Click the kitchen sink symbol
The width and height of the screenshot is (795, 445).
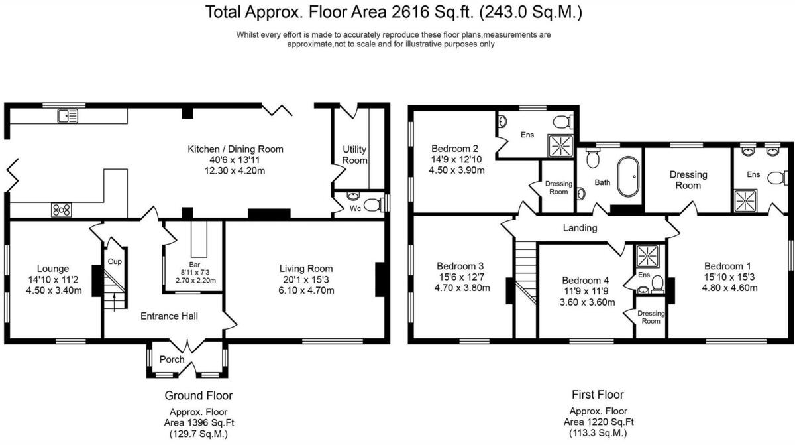[68, 117]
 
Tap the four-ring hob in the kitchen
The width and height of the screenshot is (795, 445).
[62, 210]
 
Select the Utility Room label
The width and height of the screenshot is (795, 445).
[354, 155]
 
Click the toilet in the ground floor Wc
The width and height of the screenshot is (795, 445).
[375, 204]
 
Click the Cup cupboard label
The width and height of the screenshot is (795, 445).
[114, 261]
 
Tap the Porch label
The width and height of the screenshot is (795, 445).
[172, 359]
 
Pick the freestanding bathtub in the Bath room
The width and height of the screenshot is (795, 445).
[627, 177]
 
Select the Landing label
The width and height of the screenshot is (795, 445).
[580, 228]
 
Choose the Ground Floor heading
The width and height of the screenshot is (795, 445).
[198, 395]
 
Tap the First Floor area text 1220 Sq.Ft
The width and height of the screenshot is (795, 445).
[599, 422]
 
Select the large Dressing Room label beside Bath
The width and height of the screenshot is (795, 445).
[688, 180]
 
